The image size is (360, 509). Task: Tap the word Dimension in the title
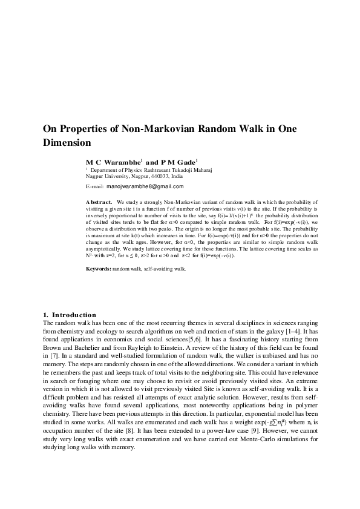pyautogui.click(x=67, y=143)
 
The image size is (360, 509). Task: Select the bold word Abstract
pyautogui.click(x=99, y=201)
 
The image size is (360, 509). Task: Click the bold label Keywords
pyautogui.click(x=99, y=268)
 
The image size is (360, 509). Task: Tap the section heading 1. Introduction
pyautogui.click(x=70, y=315)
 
